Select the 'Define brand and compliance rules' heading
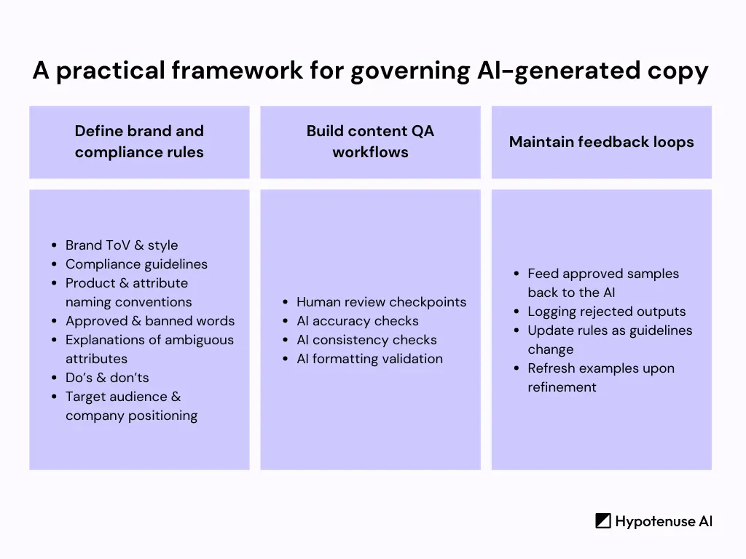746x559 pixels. [x=139, y=142]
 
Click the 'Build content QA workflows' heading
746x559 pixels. [x=370, y=142]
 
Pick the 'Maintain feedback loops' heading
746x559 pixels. [x=601, y=142]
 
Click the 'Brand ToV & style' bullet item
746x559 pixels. [x=122, y=245]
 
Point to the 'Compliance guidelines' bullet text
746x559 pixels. [x=136, y=264]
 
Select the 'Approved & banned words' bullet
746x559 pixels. [x=150, y=321]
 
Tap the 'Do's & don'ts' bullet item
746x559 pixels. [x=107, y=378]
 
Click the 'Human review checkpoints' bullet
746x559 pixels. [x=381, y=302]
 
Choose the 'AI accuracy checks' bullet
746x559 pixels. [x=358, y=321]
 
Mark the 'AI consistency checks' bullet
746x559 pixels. [x=366, y=340]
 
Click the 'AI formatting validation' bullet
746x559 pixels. [x=369, y=359]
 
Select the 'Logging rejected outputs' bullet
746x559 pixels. [x=607, y=312]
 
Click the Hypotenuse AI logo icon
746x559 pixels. [x=602, y=521]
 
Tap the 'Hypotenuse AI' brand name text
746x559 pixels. [x=664, y=521]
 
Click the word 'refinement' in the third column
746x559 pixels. [x=562, y=387]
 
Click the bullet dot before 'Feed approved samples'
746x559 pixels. [x=517, y=274]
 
